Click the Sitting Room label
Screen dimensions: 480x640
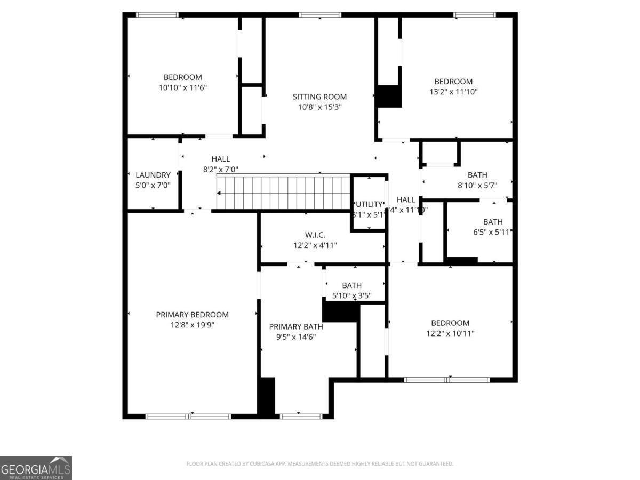[319, 97]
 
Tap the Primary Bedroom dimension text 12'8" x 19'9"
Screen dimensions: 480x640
[192, 324]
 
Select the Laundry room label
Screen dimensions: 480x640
[153, 175]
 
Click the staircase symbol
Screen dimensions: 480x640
[283, 192]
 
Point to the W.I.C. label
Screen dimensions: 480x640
[315, 235]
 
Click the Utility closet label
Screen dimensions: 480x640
[369, 204]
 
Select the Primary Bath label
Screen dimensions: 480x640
[295, 327]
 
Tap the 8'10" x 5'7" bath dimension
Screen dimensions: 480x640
[477, 185]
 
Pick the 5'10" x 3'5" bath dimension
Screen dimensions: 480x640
[351, 295]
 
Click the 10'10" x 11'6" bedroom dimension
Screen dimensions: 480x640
[182, 87]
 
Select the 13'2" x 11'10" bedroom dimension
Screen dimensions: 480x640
[453, 92]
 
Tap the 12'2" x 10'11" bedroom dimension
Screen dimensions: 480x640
[450, 333]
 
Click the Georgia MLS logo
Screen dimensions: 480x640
[36, 468]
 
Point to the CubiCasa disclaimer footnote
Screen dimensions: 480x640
[319, 464]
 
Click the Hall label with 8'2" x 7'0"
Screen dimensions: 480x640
[220, 159]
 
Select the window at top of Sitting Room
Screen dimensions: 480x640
[320, 15]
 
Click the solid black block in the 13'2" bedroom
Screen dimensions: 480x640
[389, 97]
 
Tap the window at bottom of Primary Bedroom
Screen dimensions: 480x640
[188, 416]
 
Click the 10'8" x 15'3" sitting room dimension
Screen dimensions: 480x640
[319, 107]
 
